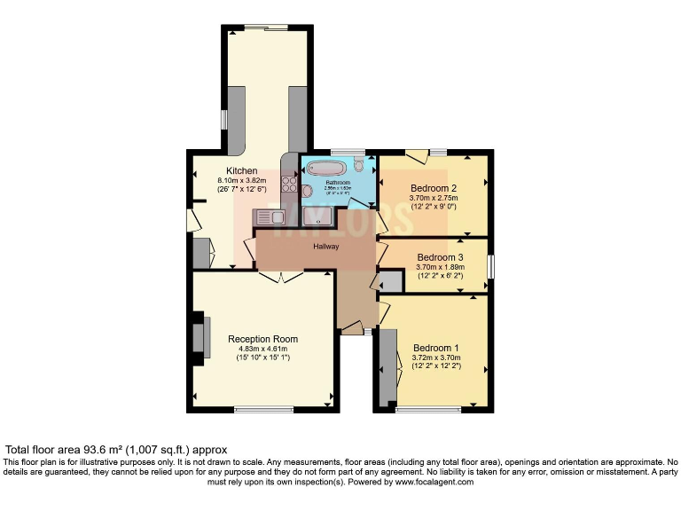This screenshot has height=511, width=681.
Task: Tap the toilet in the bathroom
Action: (358, 164)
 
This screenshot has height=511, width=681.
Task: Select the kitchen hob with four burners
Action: (289, 184)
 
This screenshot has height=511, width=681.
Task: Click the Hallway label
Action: (326, 246)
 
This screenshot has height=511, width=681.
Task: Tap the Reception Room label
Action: (262, 339)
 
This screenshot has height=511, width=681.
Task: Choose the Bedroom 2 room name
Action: (434, 188)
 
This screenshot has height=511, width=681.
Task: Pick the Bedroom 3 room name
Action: (441, 258)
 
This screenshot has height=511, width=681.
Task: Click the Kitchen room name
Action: (242, 171)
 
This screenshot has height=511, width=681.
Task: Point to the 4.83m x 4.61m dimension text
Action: (262, 349)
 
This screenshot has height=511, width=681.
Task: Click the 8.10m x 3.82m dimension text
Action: (242, 181)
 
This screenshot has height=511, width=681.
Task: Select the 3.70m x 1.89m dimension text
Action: (441, 267)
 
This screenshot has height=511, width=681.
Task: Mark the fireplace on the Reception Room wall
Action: (200, 336)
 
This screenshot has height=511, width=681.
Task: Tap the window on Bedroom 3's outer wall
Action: (489, 265)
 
